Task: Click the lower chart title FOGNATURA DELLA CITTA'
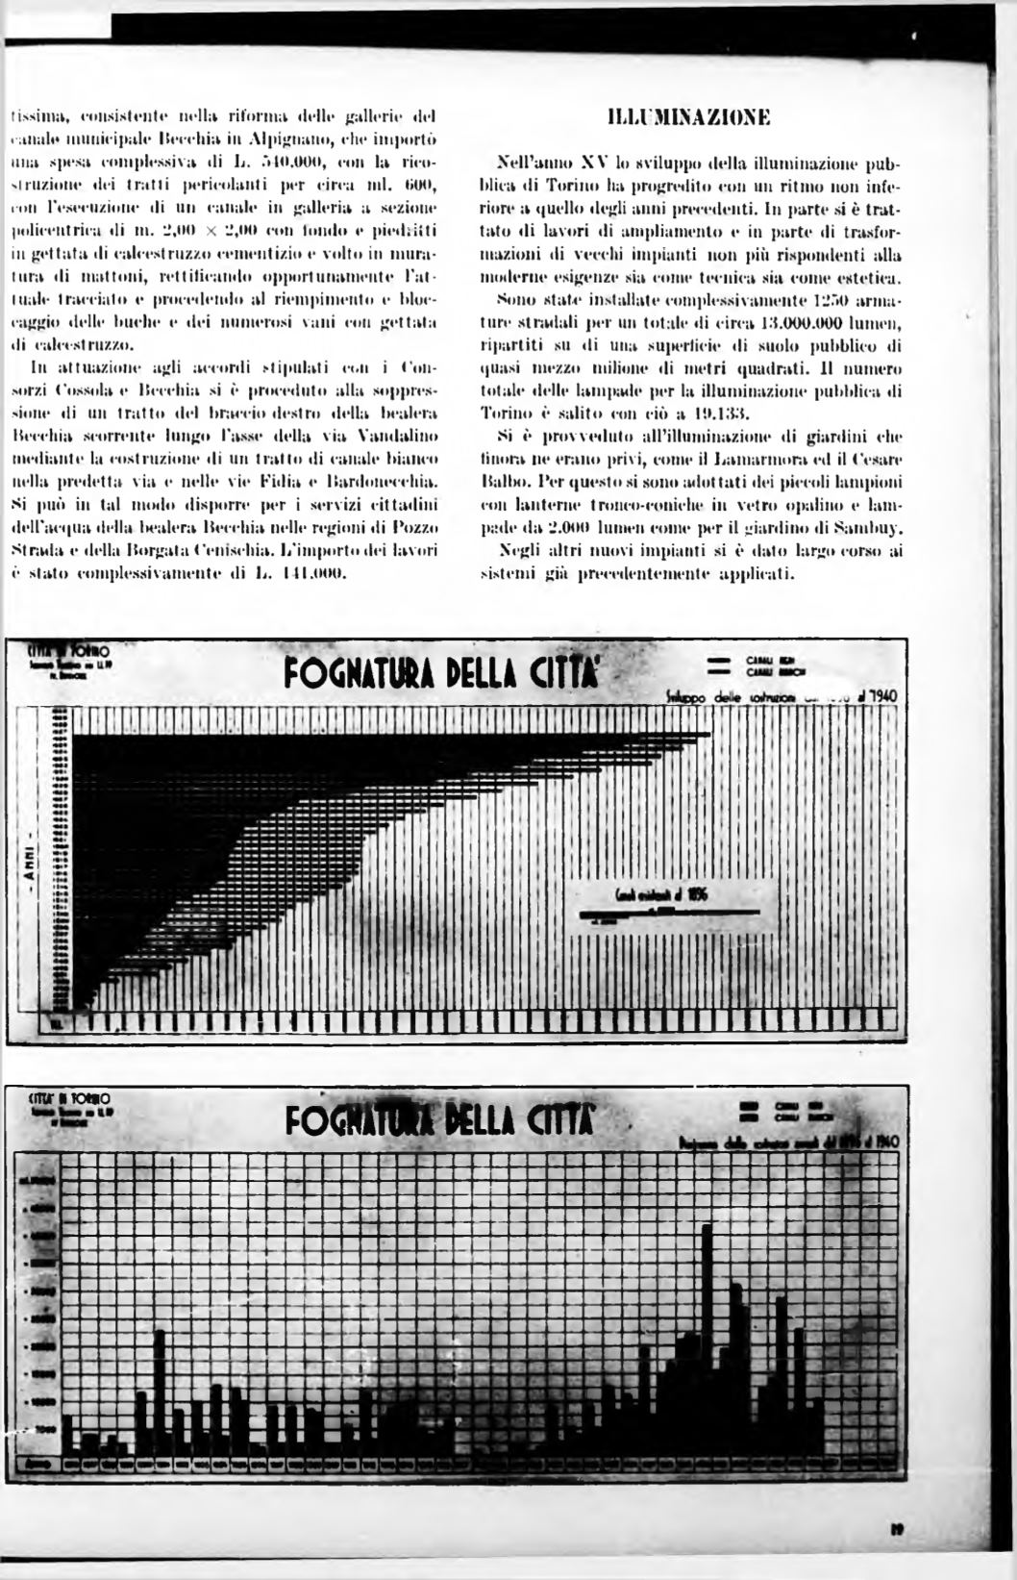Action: click(442, 1121)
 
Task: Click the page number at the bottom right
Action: click(894, 1526)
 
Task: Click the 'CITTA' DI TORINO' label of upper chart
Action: click(67, 651)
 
